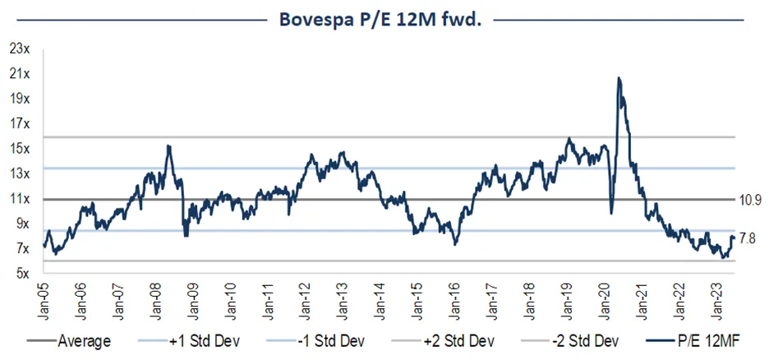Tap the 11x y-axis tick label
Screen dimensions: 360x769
pyautogui.click(x=20, y=199)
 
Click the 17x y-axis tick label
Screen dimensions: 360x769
pyautogui.click(x=20, y=124)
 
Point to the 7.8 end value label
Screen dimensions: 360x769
pyautogui.click(x=747, y=238)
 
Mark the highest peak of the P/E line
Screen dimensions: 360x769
pyautogui.click(x=619, y=78)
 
